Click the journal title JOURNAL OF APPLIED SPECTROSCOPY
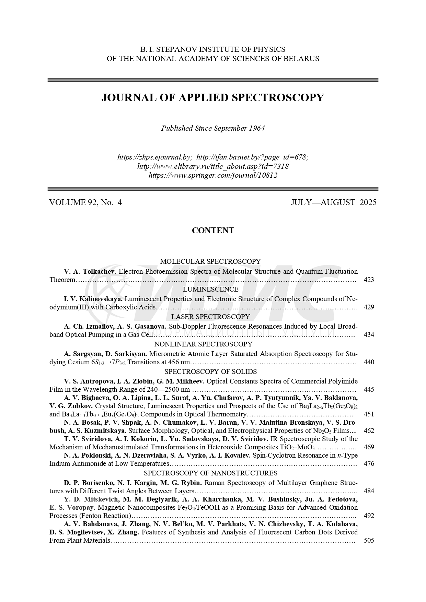pos(213,98)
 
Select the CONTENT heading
pos(213,231)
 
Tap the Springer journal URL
pos(213,175)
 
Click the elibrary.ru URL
pos(213,166)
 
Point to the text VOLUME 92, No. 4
pos(85,202)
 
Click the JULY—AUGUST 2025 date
pos(333,202)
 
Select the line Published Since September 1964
pos(213,128)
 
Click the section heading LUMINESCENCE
pos(210,289)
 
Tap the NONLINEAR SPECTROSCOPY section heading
pos(203,344)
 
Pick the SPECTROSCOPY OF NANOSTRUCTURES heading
pos(210,473)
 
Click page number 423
pos(369,280)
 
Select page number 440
pos(369,362)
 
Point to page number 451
pos(369,414)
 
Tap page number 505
pos(369,541)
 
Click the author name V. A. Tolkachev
pos(90,272)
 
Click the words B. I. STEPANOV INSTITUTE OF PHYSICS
pos(213,49)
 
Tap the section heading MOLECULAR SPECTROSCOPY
pos(210,261)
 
